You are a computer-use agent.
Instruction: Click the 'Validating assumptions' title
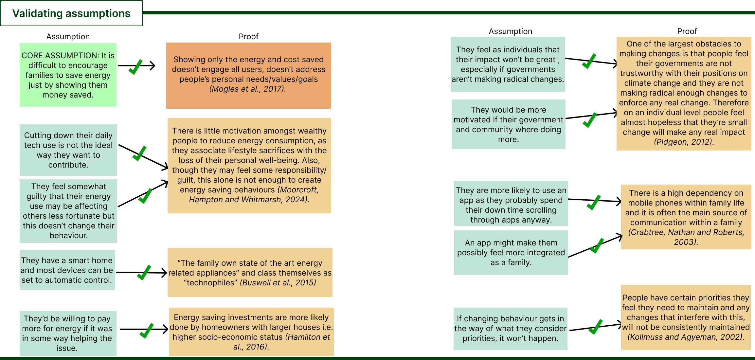point(71,13)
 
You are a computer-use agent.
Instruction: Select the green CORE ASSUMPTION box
point(68,75)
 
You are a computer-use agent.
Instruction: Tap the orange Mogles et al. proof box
point(249,76)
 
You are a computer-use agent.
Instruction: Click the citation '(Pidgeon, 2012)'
point(684,142)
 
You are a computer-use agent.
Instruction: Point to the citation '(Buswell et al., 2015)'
point(278,283)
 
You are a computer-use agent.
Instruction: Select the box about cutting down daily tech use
point(68,150)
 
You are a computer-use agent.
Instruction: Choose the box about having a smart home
point(67,270)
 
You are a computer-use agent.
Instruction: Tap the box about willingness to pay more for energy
point(68,333)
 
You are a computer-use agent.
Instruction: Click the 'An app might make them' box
point(511,253)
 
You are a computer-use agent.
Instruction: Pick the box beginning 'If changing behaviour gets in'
point(510,329)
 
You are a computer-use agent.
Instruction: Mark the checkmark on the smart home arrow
point(144,272)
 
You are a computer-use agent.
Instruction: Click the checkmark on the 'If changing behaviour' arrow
point(596,327)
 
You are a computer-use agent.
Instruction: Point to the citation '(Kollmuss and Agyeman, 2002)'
point(686,337)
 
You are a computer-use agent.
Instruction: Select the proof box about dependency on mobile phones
point(686,217)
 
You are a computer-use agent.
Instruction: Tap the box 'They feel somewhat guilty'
point(68,211)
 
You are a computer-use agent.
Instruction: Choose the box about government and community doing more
point(508,124)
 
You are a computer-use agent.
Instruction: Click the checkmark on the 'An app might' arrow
point(597,245)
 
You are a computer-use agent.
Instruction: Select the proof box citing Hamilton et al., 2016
point(251,332)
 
